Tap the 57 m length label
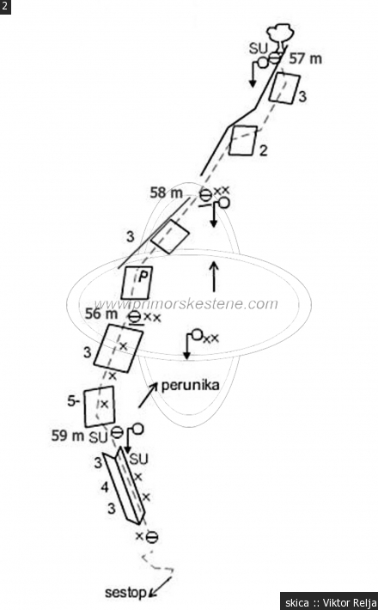[x=305, y=58]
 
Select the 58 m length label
[x=166, y=192]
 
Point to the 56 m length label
[x=101, y=314]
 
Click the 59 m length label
[x=68, y=436]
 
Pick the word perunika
[x=190, y=386]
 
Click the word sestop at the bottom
[x=125, y=593]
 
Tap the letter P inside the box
[x=143, y=277]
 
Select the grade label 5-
[x=74, y=401]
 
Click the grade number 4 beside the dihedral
[x=105, y=486]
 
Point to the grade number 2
[x=263, y=150]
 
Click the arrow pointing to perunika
[x=148, y=395]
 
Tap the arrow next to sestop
[x=161, y=587]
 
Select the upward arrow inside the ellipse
[x=214, y=276]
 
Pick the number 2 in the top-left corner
[x=4, y=6]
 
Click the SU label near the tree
[x=259, y=49]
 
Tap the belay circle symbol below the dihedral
[x=152, y=537]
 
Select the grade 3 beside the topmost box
[x=302, y=96]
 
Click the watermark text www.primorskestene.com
[x=186, y=304]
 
